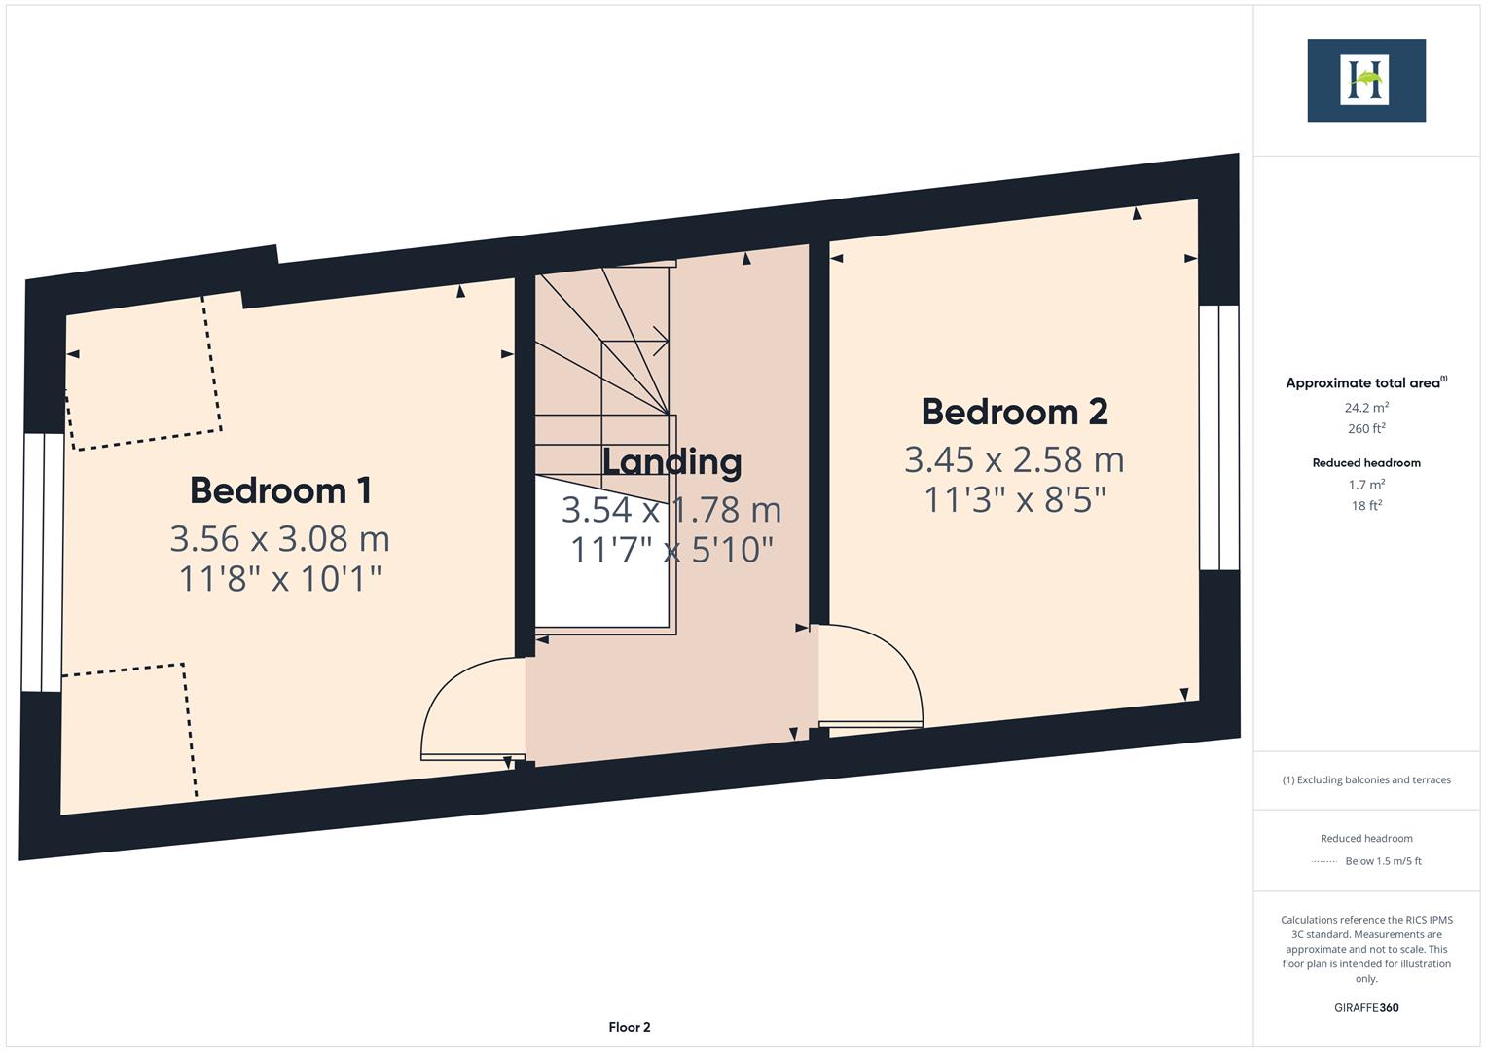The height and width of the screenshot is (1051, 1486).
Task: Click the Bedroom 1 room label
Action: (x=280, y=489)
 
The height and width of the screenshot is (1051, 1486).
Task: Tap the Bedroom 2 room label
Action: (x=1014, y=412)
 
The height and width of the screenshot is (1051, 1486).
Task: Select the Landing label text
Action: (x=671, y=461)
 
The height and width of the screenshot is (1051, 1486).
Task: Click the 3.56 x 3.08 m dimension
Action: (x=280, y=538)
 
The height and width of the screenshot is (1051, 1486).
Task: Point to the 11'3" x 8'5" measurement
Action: (x=1014, y=500)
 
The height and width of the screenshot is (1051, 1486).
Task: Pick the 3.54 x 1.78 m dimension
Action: (x=671, y=509)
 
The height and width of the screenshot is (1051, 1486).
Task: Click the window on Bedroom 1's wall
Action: (x=43, y=562)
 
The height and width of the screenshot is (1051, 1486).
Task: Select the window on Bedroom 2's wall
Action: (x=1219, y=437)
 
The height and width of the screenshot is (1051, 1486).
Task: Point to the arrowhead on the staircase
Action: (x=662, y=341)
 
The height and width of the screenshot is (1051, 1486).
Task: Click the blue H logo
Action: (x=1365, y=81)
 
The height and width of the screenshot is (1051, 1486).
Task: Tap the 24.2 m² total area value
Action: (x=1366, y=408)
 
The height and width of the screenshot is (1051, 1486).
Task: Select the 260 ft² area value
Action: (x=1366, y=429)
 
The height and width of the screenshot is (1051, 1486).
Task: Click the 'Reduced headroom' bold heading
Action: (x=1366, y=463)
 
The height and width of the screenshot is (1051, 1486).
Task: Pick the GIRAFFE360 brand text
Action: (x=1366, y=1008)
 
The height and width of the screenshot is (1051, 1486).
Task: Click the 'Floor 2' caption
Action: (x=630, y=1027)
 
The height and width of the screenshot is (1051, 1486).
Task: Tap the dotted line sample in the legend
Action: (x=1324, y=861)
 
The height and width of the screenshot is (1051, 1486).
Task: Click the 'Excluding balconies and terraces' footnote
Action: (x=1366, y=779)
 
